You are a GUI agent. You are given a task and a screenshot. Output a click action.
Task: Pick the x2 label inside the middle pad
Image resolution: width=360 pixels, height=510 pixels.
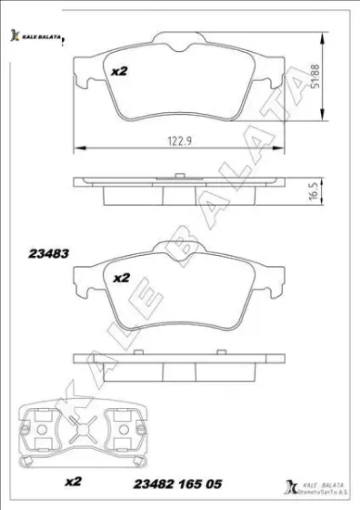pos(121,277)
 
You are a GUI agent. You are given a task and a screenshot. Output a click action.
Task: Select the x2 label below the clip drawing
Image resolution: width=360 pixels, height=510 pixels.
pos(74,480)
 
